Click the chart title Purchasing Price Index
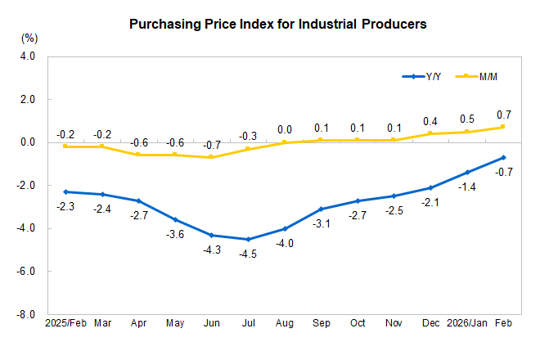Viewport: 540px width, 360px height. (278, 25)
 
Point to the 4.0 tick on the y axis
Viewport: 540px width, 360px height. (28, 56)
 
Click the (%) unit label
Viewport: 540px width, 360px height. (29, 38)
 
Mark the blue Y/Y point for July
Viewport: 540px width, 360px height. (247, 239)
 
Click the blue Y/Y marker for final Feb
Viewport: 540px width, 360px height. (503, 157)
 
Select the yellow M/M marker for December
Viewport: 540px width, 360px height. (430, 133)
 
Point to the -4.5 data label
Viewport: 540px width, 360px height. (247, 254)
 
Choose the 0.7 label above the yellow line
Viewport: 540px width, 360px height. (503, 114)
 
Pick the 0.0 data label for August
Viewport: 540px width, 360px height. (284, 129)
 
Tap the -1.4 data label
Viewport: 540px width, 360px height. (466, 187)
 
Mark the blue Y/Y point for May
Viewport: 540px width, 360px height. (174, 219)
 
